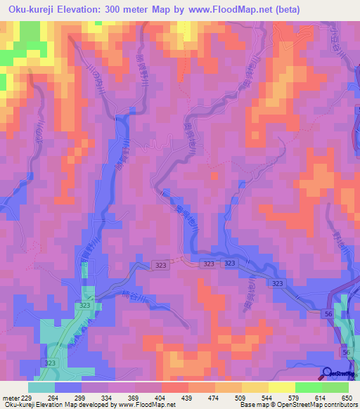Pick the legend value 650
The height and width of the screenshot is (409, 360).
347,397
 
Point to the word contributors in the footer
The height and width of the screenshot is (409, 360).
340,405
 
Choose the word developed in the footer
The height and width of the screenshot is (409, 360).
90,405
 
